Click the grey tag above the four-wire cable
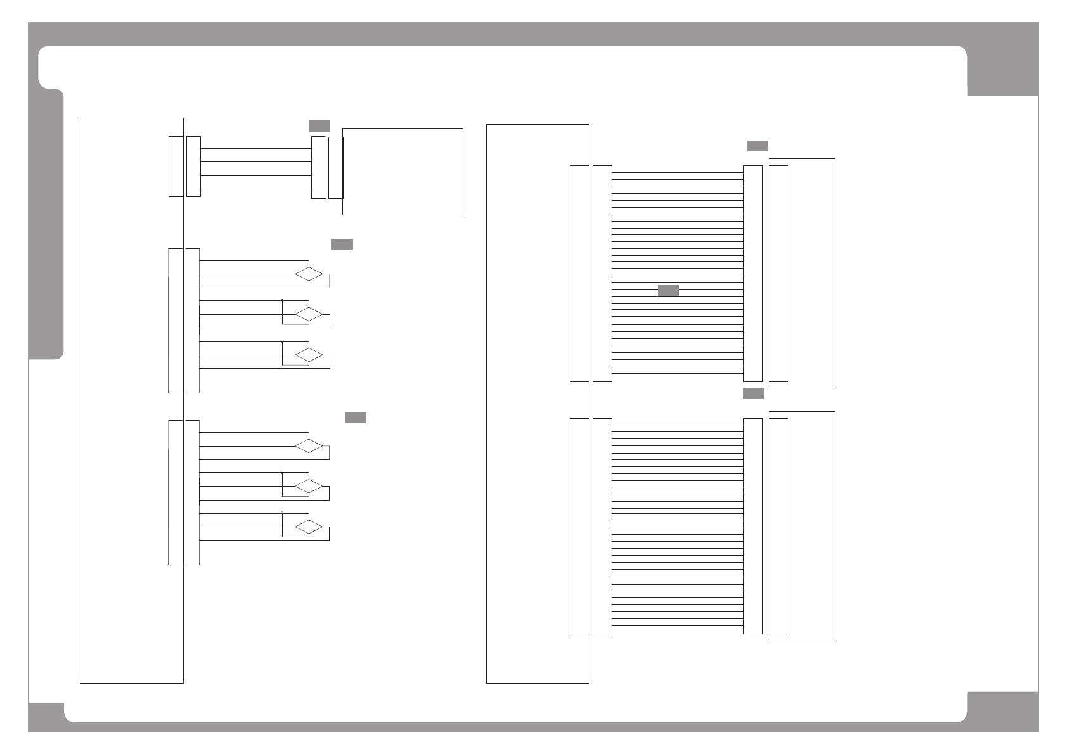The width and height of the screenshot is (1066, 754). click(x=319, y=125)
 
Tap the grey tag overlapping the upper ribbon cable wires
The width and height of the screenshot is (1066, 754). click(x=668, y=291)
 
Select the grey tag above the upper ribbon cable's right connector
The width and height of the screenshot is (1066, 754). click(x=757, y=146)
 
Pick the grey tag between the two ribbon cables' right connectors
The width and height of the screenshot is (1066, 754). click(x=753, y=393)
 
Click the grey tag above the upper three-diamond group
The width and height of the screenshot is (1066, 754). click(x=342, y=245)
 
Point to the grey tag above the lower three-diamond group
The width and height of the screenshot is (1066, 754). click(x=356, y=418)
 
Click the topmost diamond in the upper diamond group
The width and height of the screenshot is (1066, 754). click(x=309, y=274)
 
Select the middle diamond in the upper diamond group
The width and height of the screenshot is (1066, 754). click(x=309, y=314)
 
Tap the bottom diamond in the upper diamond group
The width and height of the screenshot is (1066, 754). click(x=309, y=355)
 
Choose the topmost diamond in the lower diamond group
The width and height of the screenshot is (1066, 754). click(x=309, y=446)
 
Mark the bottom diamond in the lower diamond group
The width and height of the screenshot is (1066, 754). click(x=309, y=527)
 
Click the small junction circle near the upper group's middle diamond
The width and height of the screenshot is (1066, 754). click(x=282, y=300)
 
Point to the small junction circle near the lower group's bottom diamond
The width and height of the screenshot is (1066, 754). click(x=282, y=513)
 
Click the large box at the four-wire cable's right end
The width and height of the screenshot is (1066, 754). click(x=402, y=171)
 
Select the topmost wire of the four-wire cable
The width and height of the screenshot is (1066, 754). click(x=255, y=149)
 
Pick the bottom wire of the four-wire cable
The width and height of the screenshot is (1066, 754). click(x=255, y=189)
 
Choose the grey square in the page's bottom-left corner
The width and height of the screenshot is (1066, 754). click(x=46, y=717)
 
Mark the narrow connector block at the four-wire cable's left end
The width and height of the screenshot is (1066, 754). click(x=194, y=166)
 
